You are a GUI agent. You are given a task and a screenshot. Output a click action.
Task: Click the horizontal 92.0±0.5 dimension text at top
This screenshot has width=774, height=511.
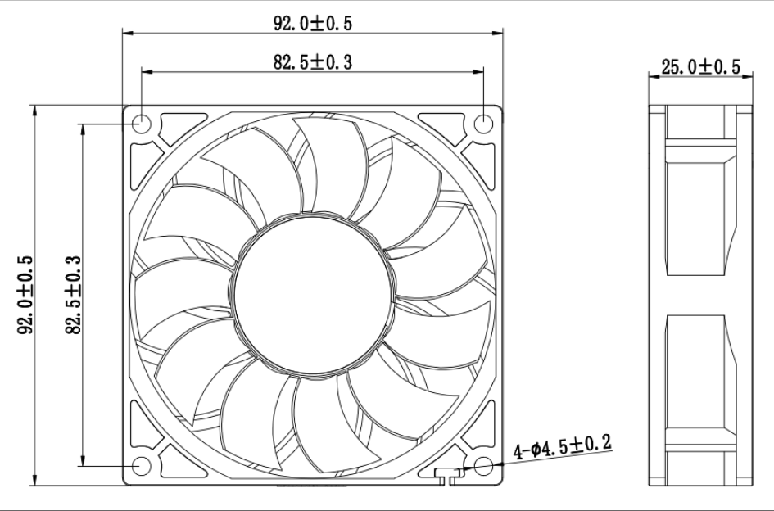tap(312, 24)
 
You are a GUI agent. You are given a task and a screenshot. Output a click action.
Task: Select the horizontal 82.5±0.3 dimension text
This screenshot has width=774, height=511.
tap(312, 61)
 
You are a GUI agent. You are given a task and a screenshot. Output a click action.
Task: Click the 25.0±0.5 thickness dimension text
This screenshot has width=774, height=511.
tap(699, 67)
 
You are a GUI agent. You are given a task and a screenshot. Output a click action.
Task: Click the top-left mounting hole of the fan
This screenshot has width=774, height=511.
tap(142, 124)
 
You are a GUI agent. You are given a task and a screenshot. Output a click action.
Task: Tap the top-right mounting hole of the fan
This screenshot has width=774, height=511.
tap(483, 124)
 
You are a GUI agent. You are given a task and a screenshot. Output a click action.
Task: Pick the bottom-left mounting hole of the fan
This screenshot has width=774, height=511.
tap(142, 466)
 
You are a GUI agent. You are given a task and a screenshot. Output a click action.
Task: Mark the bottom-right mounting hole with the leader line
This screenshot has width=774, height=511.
tap(483, 466)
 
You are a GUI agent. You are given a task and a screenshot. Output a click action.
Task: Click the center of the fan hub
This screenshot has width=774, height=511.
tap(312, 293)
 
